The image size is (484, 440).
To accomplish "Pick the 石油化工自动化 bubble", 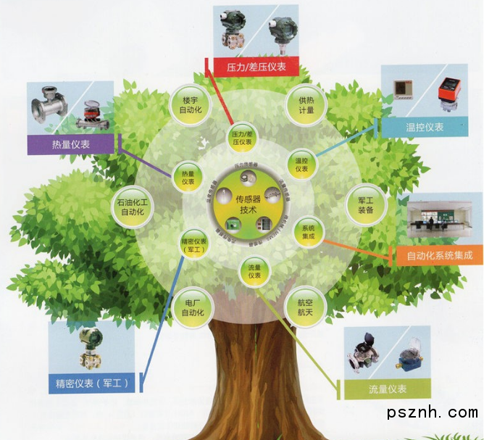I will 134,209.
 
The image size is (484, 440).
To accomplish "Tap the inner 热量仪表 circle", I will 188,176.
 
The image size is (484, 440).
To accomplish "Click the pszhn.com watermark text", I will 433,412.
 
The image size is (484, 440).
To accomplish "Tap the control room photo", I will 439,220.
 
